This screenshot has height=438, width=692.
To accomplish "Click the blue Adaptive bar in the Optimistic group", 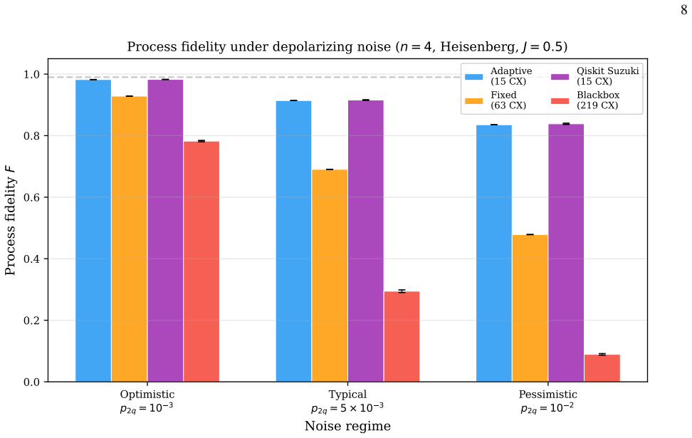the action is (93, 231).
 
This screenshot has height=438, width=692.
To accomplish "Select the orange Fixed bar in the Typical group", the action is (330, 276).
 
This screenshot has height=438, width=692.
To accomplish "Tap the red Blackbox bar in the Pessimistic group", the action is (602, 368).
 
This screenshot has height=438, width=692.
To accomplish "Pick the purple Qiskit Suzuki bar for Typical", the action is (366, 241).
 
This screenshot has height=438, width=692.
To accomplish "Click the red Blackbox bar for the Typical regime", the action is (402, 336).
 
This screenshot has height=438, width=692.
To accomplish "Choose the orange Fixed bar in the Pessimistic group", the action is (530, 308).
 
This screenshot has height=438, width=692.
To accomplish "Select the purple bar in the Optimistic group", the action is (165, 231).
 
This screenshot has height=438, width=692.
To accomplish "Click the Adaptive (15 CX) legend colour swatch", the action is (474, 77).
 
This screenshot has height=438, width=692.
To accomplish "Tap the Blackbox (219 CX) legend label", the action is (598, 100).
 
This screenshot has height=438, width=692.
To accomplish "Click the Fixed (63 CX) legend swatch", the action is (474, 100).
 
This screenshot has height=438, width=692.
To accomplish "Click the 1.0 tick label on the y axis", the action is (31, 74).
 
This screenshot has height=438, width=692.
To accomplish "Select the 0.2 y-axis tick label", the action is (31, 320).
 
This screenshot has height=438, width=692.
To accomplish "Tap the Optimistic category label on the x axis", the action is (147, 395).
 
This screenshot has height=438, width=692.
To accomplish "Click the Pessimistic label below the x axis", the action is (547, 395).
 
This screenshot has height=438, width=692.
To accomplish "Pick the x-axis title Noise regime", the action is (347, 426).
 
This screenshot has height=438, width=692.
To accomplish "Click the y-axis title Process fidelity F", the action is (10, 220).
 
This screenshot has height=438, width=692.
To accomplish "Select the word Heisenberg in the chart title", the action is (479, 47).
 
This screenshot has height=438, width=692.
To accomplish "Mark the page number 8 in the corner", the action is (683, 10).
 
